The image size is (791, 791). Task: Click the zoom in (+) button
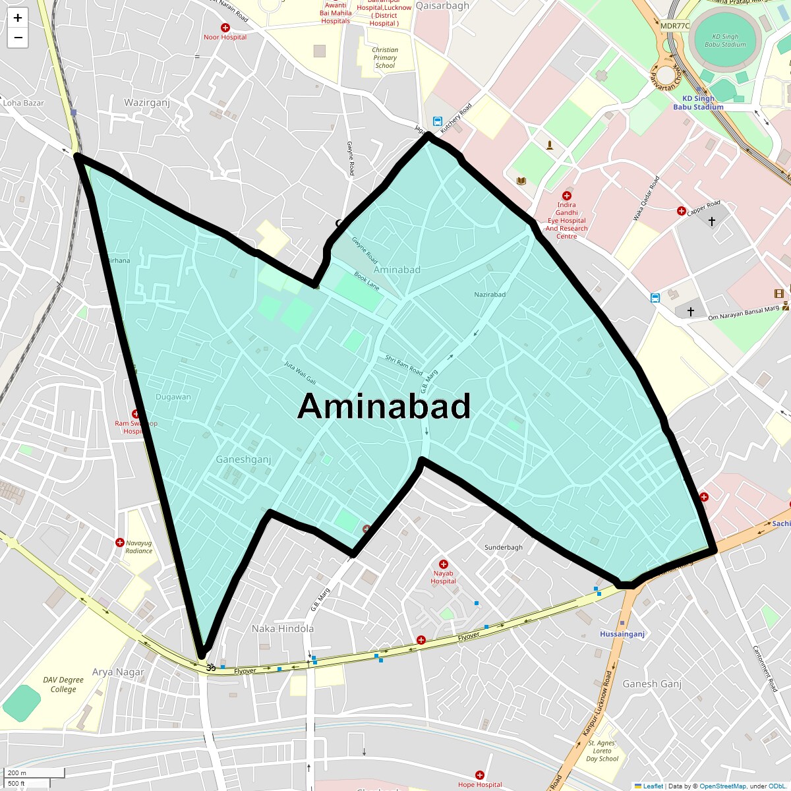coord(18,18)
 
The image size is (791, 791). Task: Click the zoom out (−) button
coord(18,38)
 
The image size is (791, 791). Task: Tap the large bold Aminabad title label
coord(384,406)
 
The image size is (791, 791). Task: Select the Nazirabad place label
coord(490,294)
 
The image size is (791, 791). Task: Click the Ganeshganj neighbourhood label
coord(243,459)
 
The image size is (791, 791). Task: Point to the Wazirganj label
coord(147,103)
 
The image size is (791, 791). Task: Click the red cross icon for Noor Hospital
coord(225,28)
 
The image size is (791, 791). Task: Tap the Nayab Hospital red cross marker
coord(444,564)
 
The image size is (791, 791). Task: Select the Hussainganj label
coord(622,634)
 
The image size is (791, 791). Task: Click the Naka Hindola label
coord(283,629)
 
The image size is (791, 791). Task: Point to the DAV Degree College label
coord(63,685)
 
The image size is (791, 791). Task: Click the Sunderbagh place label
coord(504,548)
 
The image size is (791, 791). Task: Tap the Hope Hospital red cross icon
coord(480,776)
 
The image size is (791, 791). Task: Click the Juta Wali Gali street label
coord(301,372)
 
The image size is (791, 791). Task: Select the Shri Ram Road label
coord(404,365)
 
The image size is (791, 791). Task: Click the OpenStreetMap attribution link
coord(722,786)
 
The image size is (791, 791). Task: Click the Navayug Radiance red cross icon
coord(120,542)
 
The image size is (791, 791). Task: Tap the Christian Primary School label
coord(385,58)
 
